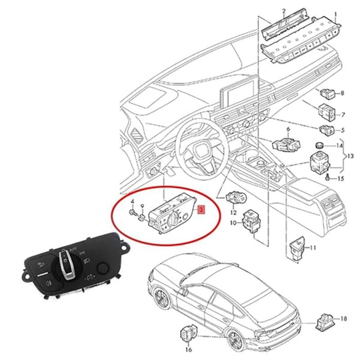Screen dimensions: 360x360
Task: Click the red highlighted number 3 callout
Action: click(201, 210)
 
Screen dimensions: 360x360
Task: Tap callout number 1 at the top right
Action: click(334, 10)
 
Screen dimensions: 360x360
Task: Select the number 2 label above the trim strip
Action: click(284, 10)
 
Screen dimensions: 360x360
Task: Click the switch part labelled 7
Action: click(325, 111)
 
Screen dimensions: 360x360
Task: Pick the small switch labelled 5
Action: click(325, 130)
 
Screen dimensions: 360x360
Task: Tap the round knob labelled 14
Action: click(319, 145)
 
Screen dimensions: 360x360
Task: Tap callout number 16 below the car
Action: click(188, 349)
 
